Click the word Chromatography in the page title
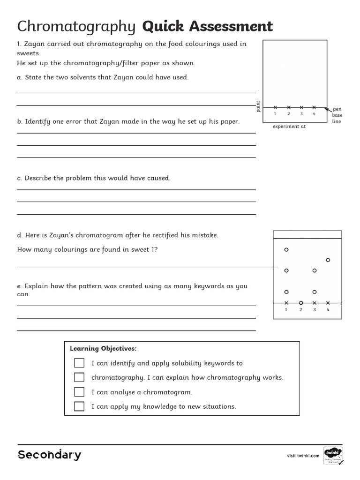[x=76, y=27]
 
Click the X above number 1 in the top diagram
[x=275, y=107]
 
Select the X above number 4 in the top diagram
[x=314, y=107]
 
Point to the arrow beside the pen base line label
[x=328, y=110]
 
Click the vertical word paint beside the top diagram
[x=258, y=106]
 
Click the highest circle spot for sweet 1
[x=286, y=250]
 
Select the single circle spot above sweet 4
[x=328, y=260]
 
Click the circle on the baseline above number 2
[x=301, y=303]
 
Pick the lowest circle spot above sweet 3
[x=315, y=292]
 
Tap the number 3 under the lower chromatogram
[x=315, y=309]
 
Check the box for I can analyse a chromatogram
[x=79, y=392]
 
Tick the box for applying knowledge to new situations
[x=79, y=406]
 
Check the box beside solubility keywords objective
[x=79, y=363]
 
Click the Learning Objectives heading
[x=103, y=348]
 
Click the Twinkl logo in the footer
[x=333, y=454]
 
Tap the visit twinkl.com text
[x=303, y=456]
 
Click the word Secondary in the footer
[x=49, y=455]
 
